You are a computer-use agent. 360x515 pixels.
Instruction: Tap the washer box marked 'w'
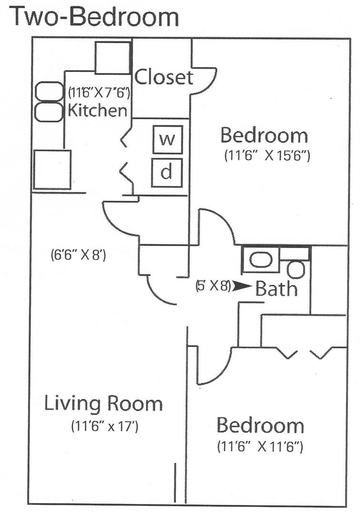(x=167, y=139)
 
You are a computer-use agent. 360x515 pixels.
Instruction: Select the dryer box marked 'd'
(x=166, y=172)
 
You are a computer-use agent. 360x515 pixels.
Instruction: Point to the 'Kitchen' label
(x=98, y=110)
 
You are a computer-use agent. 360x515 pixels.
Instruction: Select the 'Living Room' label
(x=103, y=403)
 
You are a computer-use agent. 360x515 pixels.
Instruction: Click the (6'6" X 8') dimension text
(x=78, y=255)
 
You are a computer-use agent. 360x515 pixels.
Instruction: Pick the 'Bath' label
(x=277, y=288)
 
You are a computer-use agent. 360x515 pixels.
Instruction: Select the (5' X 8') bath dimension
(x=213, y=286)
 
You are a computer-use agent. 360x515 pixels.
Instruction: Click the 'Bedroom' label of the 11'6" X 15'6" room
(x=264, y=135)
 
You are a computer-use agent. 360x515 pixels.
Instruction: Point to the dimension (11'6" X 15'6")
(x=267, y=156)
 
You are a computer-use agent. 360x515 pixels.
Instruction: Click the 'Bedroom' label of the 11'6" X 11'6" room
(x=260, y=425)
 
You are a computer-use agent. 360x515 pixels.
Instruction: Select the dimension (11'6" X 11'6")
(x=260, y=447)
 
